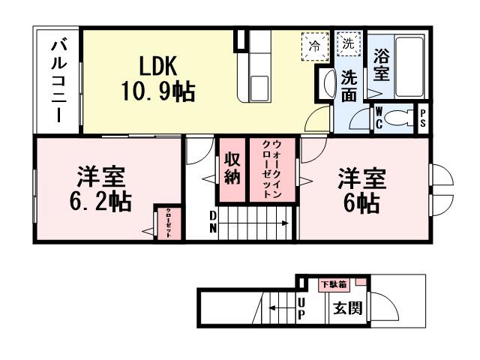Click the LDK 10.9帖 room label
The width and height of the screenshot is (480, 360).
(x=157, y=79)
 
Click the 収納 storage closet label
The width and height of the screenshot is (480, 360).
(x=231, y=169)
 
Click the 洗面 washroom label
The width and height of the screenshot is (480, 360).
(x=349, y=85)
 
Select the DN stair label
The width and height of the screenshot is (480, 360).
(x=213, y=222)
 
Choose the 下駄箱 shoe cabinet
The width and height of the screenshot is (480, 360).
(x=333, y=285)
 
